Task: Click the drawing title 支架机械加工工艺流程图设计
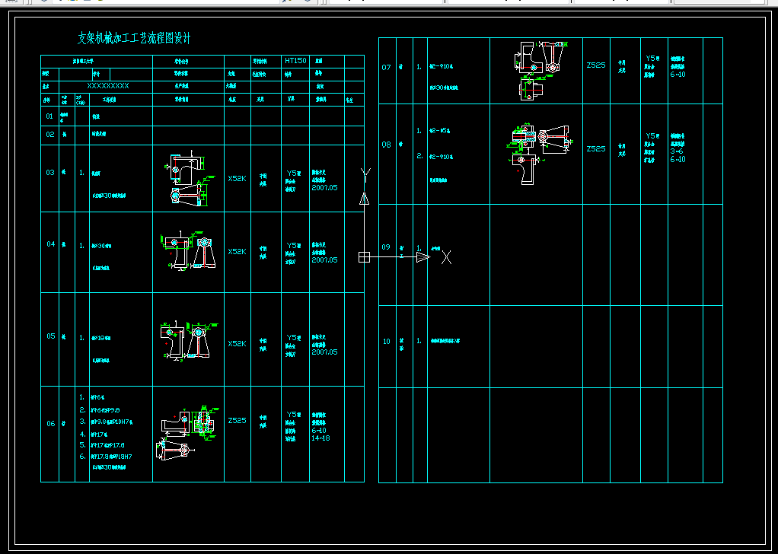pos(135,38)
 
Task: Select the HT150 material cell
pos(295,60)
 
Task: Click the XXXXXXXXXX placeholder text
pos(108,86)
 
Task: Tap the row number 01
pos(50,116)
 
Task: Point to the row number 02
pos(50,134)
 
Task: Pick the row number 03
pos(50,173)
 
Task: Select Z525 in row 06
pos(237,420)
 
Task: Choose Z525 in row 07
pos(596,65)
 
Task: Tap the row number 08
pos(387,145)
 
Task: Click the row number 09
pos(386,247)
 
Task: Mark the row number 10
pos(386,342)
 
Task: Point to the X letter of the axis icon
pos(447,257)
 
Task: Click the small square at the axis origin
pos(364,257)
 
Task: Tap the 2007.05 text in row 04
pos(324,260)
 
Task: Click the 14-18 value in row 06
pos(321,438)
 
